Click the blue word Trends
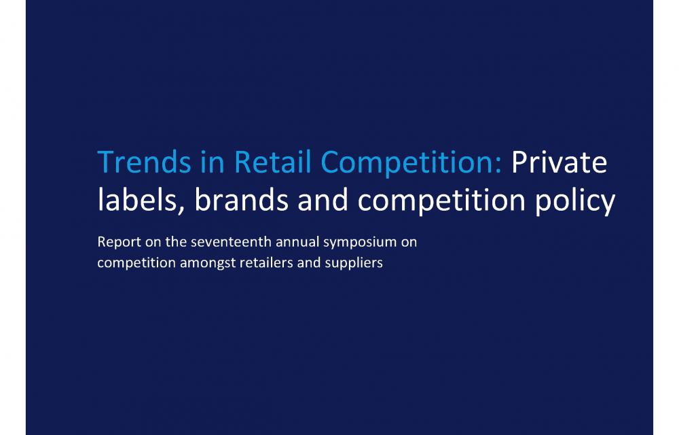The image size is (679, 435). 144,162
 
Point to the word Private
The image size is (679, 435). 559,162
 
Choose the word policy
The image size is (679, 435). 575,201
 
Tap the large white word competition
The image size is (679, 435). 441,201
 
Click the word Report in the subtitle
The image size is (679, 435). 119,242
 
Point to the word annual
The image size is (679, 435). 297,241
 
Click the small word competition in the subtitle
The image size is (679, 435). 136,263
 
